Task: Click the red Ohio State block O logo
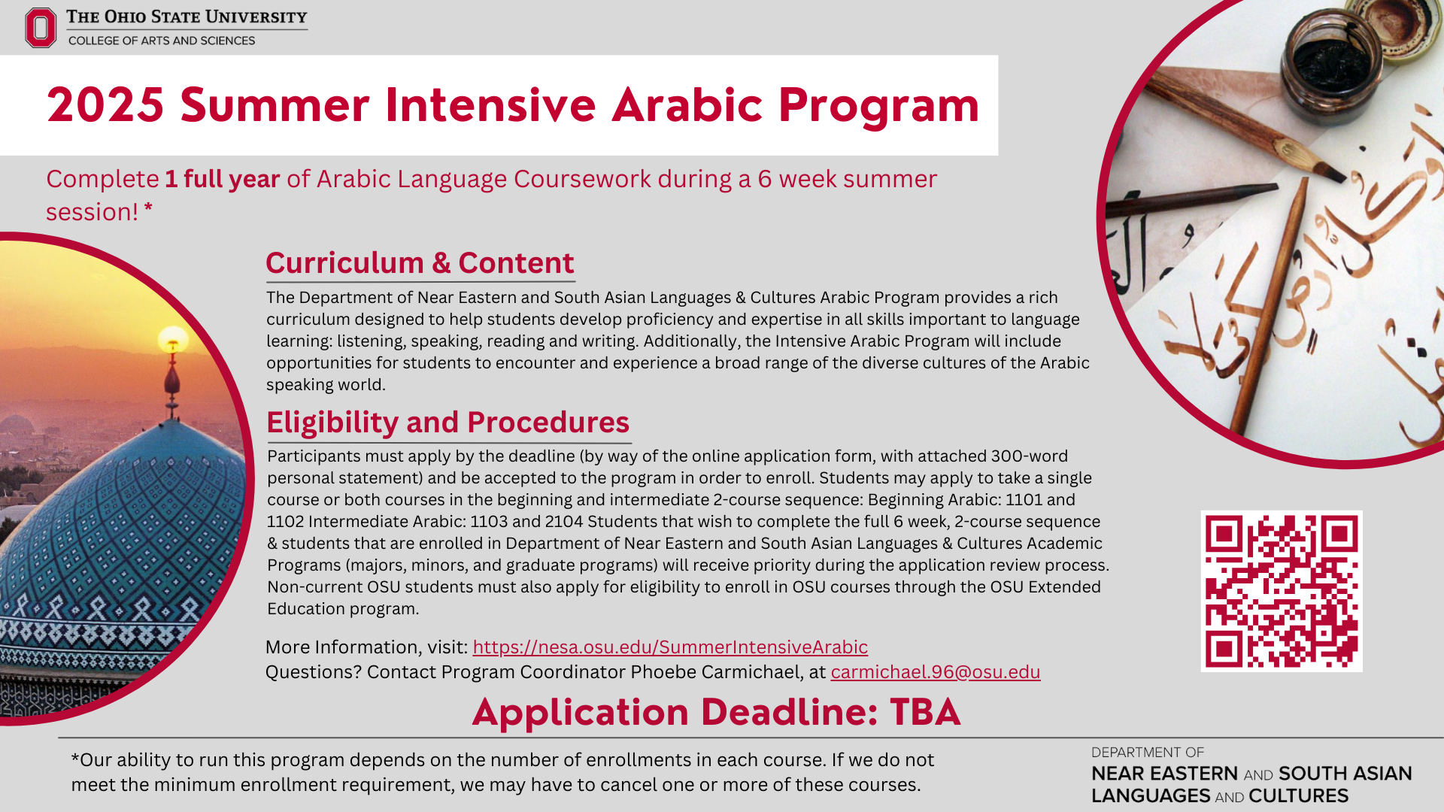point(41,28)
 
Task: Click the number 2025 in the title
point(105,105)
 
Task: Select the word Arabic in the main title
point(687,105)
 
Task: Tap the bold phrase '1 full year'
point(222,180)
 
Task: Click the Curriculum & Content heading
point(420,263)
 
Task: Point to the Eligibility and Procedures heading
point(447,423)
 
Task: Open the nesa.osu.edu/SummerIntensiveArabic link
point(669,647)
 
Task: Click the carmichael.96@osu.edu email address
point(935,672)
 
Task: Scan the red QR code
point(1281,591)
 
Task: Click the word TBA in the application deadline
point(924,712)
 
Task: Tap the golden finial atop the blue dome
point(173,342)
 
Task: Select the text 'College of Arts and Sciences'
point(162,41)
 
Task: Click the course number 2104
point(564,522)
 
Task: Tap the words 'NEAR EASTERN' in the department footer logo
point(1163,774)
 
